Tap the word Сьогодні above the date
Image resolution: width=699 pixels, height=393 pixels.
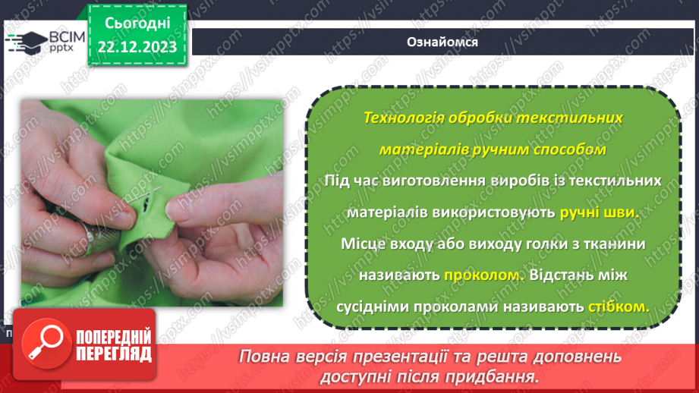137,24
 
